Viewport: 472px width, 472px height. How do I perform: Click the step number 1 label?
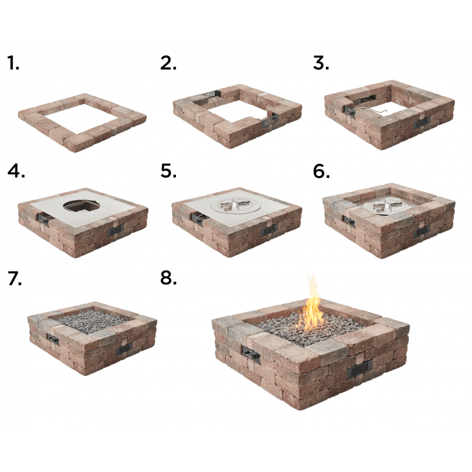click(13, 63)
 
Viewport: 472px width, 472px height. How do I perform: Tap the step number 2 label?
click(168, 63)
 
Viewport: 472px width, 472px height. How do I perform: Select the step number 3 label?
click(321, 63)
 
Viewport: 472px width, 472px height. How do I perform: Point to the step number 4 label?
click(16, 171)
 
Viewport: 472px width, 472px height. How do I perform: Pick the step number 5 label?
click(168, 171)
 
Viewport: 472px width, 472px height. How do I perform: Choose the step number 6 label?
click(321, 171)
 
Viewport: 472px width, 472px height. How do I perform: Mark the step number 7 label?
click(15, 278)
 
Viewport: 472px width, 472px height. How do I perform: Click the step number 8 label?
click(168, 278)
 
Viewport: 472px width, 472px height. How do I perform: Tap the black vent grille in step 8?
click(359, 369)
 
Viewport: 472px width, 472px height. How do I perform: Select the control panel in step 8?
click(251, 354)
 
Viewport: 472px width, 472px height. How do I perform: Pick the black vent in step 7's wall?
click(124, 348)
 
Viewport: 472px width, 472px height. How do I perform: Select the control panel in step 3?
click(350, 112)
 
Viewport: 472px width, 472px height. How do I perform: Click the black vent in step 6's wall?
click(421, 232)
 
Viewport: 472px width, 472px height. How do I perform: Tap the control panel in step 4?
click(43, 218)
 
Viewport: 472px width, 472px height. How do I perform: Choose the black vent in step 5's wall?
click(269, 231)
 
